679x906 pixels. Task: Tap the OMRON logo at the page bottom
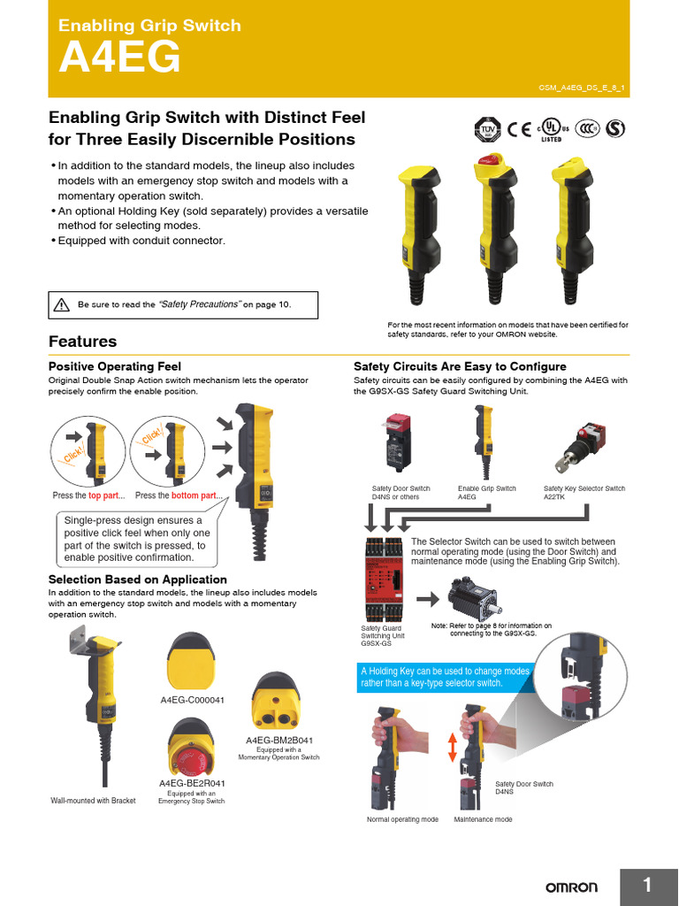pyautogui.click(x=570, y=887)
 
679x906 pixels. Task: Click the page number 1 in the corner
pyautogui.click(x=647, y=886)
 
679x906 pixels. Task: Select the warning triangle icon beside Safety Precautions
pyautogui.click(x=61, y=304)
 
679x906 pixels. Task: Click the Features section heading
pyautogui.click(x=82, y=342)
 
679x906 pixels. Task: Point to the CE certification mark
pyautogui.click(x=519, y=129)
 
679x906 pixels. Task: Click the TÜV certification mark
pyautogui.click(x=486, y=129)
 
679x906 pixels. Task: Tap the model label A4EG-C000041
pyautogui.click(x=193, y=699)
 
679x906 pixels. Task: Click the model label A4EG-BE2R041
pyautogui.click(x=192, y=783)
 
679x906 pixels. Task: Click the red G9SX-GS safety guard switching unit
pyautogui.click(x=384, y=579)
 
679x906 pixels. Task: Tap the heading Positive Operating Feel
pyautogui.click(x=114, y=366)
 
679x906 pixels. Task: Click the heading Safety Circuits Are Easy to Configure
pyautogui.click(x=460, y=366)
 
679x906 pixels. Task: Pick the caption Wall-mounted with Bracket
pyautogui.click(x=93, y=801)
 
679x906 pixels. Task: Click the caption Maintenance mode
pyautogui.click(x=483, y=819)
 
